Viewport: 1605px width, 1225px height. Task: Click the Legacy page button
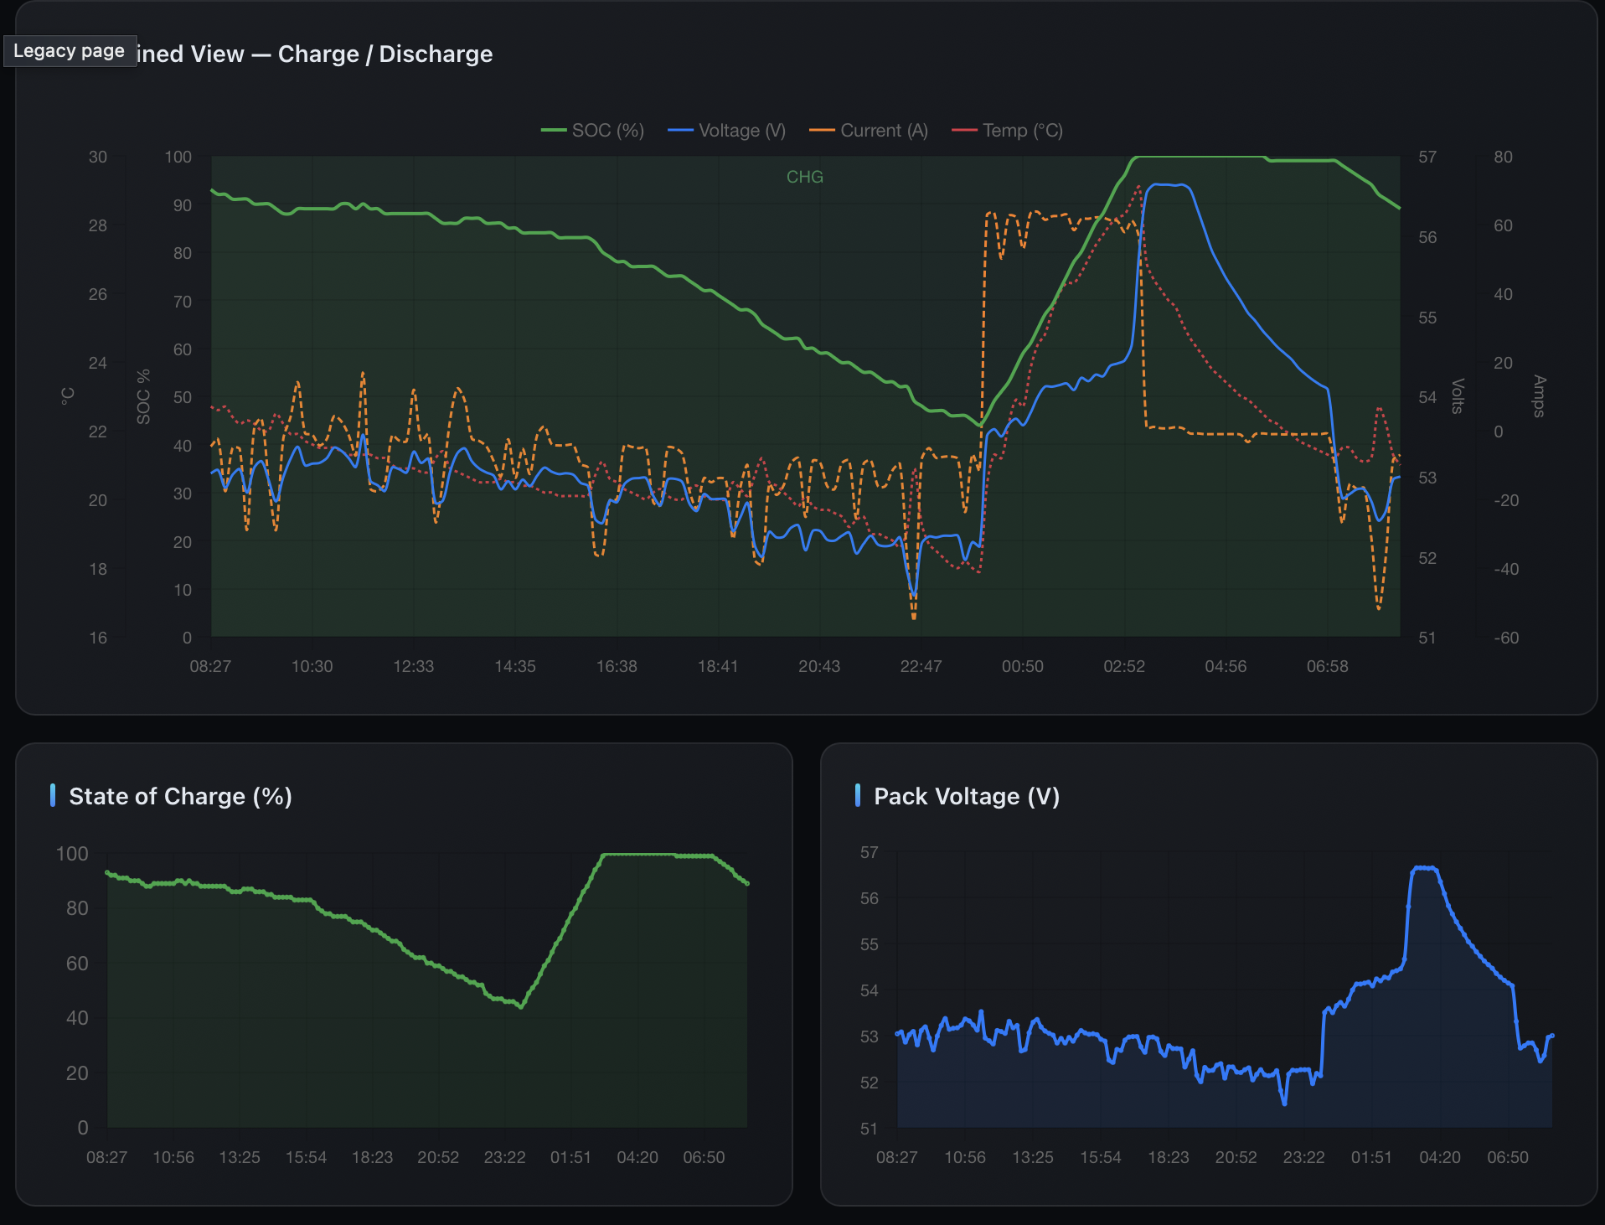click(70, 51)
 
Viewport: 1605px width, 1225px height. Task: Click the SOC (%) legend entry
click(592, 131)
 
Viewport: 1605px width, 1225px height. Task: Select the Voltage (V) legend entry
click(726, 131)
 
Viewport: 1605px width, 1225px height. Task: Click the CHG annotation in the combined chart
click(804, 177)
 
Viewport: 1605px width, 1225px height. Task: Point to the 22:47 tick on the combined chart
click(921, 666)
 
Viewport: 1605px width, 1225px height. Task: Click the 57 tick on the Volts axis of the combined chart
click(1427, 158)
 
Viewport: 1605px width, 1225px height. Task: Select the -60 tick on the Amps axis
click(1505, 638)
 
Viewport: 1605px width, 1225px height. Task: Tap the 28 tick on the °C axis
click(98, 225)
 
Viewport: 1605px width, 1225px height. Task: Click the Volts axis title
click(1457, 395)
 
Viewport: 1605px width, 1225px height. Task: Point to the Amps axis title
click(1539, 395)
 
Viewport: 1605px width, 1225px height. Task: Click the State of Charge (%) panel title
click(180, 796)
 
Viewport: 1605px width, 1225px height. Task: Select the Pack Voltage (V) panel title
click(966, 796)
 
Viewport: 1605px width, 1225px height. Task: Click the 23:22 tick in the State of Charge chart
click(504, 1157)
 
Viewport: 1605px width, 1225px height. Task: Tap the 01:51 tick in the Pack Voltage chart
click(1371, 1157)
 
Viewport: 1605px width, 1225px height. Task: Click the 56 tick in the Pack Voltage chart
click(869, 898)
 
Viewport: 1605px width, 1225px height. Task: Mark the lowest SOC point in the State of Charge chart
click(521, 1006)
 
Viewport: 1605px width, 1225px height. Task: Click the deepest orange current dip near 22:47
click(914, 618)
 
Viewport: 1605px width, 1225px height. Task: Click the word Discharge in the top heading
click(436, 54)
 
